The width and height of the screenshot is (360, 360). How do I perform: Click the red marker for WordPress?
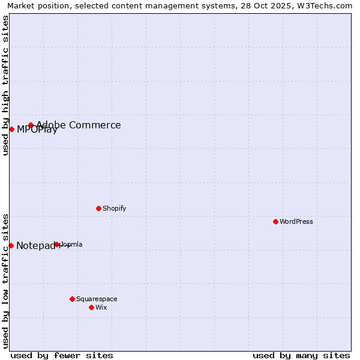(x=275, y=221)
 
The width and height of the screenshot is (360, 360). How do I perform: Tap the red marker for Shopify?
(x=98, y=208)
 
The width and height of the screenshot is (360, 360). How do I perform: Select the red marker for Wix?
(x=91, y=307)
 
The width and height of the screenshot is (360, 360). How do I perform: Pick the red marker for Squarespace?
(x=72, y=299)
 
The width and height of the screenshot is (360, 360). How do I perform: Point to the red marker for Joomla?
(x=57, y=244)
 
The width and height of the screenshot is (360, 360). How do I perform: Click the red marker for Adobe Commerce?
(x=31, y=125)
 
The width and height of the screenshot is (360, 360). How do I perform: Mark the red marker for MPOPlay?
(x=11, y=129)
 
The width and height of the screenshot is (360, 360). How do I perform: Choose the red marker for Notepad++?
(x=11, y=245)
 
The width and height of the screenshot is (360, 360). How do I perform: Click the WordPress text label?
(x=296, y=221)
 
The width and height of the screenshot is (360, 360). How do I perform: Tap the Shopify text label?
(x=115, y=208)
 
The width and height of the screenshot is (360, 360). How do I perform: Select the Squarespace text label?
(x=97, y=299)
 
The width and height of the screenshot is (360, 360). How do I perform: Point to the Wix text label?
(x=101, y=307)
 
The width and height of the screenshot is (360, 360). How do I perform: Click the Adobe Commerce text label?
(x=79, y=125)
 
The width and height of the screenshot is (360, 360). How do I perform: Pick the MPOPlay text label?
(x=37, y=130)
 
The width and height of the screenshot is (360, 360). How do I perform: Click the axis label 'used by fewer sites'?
(x=62, y=355)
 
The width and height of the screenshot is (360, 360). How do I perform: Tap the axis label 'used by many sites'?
(x=301, y=355)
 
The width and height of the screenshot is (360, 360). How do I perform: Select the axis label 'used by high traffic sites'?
(x=5, y=85)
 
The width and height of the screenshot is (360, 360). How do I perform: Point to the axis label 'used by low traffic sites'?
(x=5, y=280)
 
